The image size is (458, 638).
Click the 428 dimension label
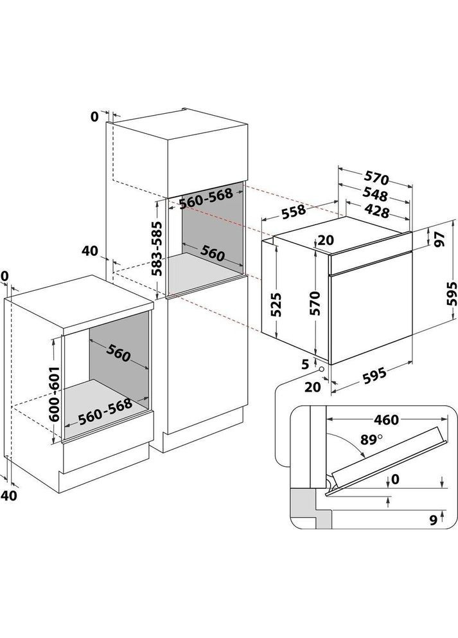pos(379,210)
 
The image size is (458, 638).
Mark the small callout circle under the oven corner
pos(321,370)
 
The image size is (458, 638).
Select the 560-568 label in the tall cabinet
pos(205,201)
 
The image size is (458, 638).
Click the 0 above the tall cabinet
pos(94,116)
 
